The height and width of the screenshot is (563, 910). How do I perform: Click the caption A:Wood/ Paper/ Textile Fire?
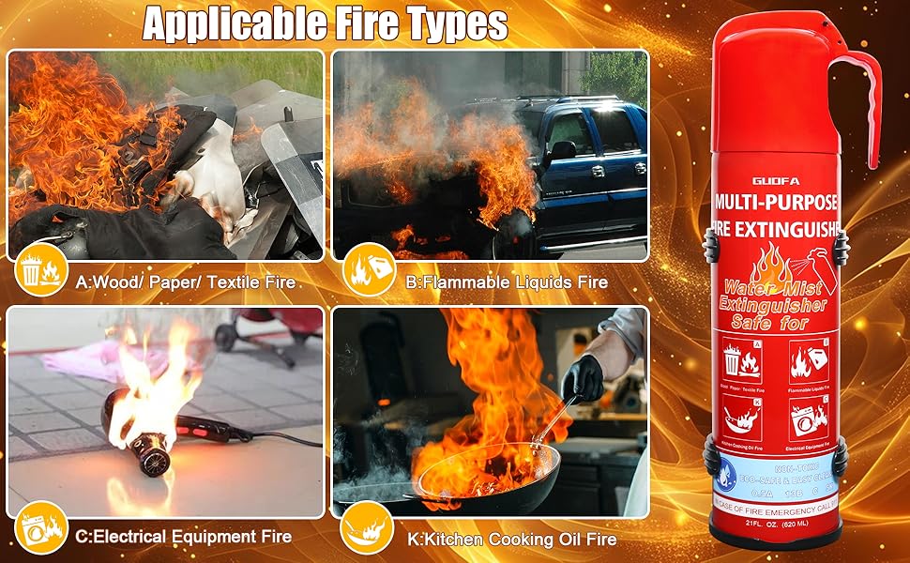pos(186,281)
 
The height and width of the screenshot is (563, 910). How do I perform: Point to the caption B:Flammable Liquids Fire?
pos(507,281)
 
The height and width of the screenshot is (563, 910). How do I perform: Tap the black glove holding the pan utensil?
pos(583,377)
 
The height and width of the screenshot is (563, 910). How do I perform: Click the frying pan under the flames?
pos(488,479)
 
